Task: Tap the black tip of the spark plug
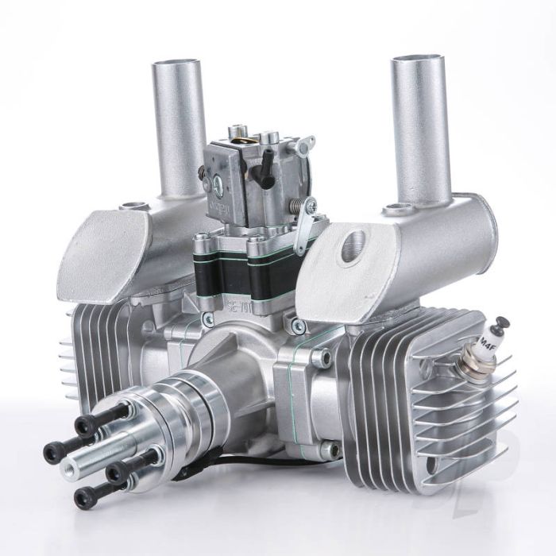[x=502, y=324]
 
